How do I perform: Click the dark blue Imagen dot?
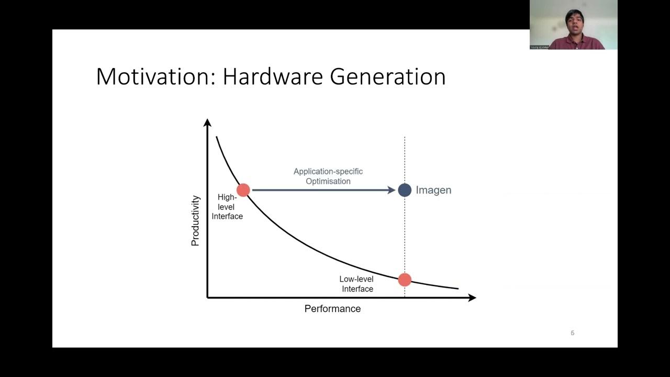coord(405,190)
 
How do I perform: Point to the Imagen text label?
coord(433,190)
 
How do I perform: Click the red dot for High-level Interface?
coord(243,190)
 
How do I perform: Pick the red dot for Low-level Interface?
coord(405,280)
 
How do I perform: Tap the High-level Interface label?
coord(227,207)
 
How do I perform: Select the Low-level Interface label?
coord(357,284)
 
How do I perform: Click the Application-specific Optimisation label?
coord(328,176)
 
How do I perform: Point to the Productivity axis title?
coord(195,220)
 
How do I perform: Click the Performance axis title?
coord(332,309)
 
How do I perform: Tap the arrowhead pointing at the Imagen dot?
coord(391,190)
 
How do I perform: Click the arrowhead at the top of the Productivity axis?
coord(207,123)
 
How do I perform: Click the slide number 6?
coord(572,333)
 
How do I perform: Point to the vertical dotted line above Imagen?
coord(405,157)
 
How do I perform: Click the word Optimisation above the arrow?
coord(329,181)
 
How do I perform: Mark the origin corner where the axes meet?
coord(208,297)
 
